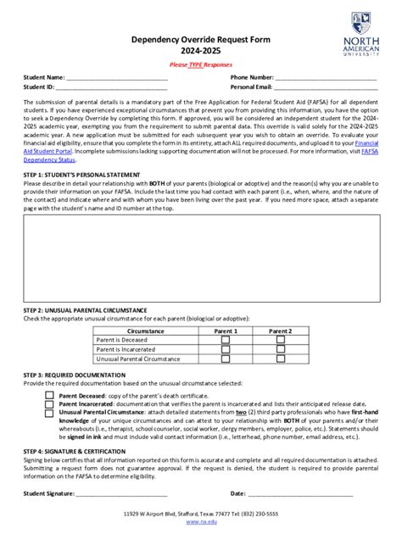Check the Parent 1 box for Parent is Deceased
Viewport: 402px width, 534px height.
(x=226, y=339)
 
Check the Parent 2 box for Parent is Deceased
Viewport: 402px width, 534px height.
(x=280, y=339)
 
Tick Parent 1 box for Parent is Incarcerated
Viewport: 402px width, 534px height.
(x=226, y=349)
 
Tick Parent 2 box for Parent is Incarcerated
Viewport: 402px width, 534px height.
(x=280, y=349)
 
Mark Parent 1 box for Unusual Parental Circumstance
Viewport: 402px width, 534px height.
(x=226, y=359)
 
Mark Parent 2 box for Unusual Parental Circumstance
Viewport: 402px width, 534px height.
(x=280, y=359)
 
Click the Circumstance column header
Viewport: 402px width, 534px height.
(x=145, y=331)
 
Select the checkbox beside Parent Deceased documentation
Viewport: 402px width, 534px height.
(x=50, y=395)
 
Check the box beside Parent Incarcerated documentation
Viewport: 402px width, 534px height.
(x=50, y=403)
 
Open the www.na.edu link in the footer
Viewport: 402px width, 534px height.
(x=200, y=521)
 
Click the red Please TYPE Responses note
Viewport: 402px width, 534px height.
(x=200, y=64)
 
